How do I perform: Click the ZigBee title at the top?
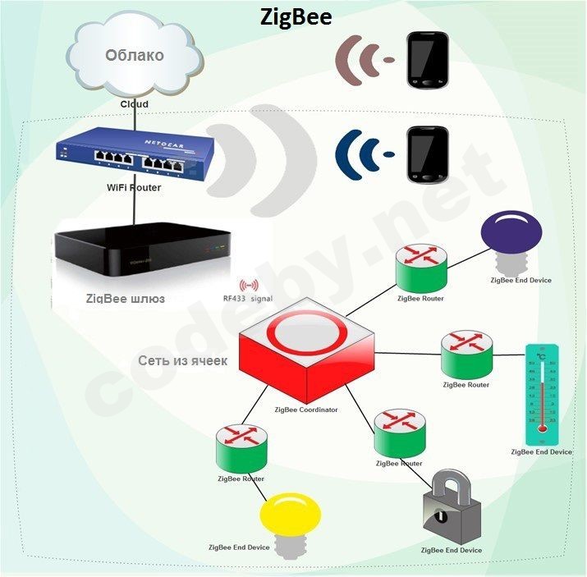click(x=296, y=16)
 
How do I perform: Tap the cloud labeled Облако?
click(x=134, y=57)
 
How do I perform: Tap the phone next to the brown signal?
click(x=429, y=60)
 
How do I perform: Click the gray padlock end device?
click(x=449, y=509)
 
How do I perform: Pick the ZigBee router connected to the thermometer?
click(x=465, y=355)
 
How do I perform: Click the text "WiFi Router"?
click(x=135, y=188)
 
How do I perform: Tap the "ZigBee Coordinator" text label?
click(x=307, y=409)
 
